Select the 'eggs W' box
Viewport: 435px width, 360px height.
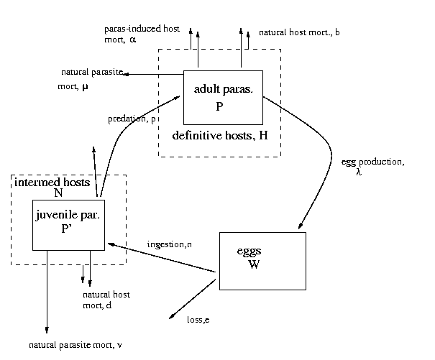point(262,260)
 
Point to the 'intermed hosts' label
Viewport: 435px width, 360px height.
point(52,183)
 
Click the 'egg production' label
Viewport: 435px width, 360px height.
point(372,162)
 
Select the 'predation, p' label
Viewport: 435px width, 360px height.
point(132,119)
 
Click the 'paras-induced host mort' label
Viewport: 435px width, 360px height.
point(141,34)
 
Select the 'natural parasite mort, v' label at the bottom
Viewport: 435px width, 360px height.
point(75,346)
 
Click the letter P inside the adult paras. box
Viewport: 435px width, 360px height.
point(220,106)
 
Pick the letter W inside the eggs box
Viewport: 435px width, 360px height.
point(253,264)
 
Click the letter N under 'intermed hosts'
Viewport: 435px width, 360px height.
point(59,193)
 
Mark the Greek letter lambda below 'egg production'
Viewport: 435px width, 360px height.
point(358,173)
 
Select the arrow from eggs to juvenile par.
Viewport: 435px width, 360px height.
point(162,258)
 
